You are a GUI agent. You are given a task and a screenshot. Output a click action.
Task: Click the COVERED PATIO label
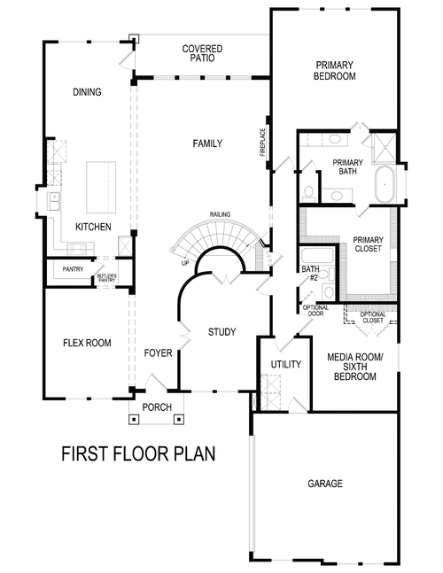click(x=202, y=53)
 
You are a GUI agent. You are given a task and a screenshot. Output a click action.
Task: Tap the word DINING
click(x=87, y=92)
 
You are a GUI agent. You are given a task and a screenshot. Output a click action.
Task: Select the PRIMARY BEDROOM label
click(x=334, y=71)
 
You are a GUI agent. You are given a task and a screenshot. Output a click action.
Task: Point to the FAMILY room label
click(x=207, y=143)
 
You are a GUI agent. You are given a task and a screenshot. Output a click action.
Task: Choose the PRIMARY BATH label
click(x=347, y=167)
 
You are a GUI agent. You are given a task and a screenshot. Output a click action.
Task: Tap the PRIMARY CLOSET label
click(x=368, y=245)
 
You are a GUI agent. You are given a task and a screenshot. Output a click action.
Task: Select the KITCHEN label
click(x=93, y=228)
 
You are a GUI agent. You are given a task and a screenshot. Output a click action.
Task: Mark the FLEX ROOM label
click(x=87, y=343)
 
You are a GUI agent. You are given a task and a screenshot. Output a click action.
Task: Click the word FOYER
click(x=158, y=352)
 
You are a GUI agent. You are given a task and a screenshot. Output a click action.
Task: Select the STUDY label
click(x=221, y=332)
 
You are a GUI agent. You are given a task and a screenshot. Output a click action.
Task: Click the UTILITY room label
click(x=285, y=364)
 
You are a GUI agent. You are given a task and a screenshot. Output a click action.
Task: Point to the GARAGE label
click(x=326, y=484)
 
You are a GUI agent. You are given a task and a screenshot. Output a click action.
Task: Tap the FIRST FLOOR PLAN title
click(x=138, y=454)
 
